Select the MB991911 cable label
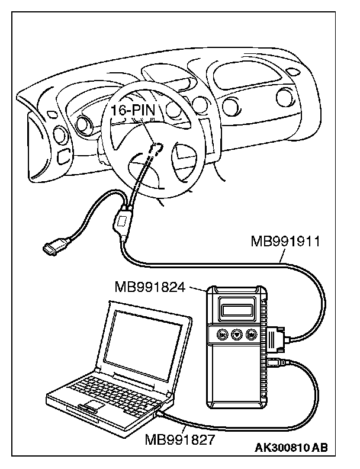(x=285, y=241)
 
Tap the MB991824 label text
(x=150, y=287)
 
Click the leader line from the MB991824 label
(x=195, y=288)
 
